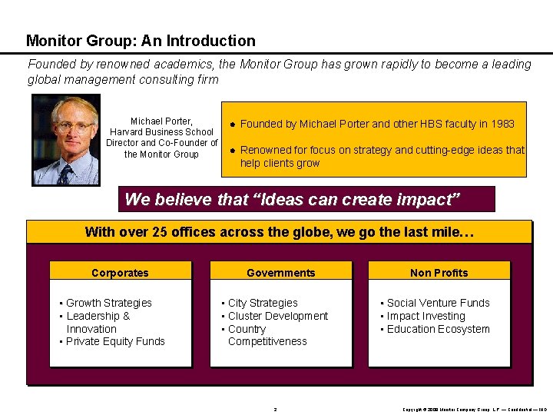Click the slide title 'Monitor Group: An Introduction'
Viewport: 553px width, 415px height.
click(141, 41)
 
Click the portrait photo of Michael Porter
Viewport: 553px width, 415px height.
click(66, 140)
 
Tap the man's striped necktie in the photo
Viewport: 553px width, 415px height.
click(65, 175)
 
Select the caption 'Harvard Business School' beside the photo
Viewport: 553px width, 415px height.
click(161, 132)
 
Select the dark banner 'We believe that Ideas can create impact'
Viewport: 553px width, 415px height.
click(307, 200)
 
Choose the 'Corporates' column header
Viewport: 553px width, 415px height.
click(120, 272)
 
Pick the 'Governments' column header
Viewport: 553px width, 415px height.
click(280, 272)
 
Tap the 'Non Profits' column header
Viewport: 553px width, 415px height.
click(439, 272)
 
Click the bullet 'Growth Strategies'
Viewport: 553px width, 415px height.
click(108, 303)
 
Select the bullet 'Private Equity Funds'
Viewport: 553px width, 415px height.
click(115, 341)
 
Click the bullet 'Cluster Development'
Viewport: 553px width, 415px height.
click(277, 316)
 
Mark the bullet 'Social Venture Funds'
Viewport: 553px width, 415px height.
click(438, 303)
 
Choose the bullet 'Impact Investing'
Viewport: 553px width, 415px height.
click(426, 316)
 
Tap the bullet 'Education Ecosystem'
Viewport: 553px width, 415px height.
click(438, 329)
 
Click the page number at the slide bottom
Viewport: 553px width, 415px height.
click(275, 409)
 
